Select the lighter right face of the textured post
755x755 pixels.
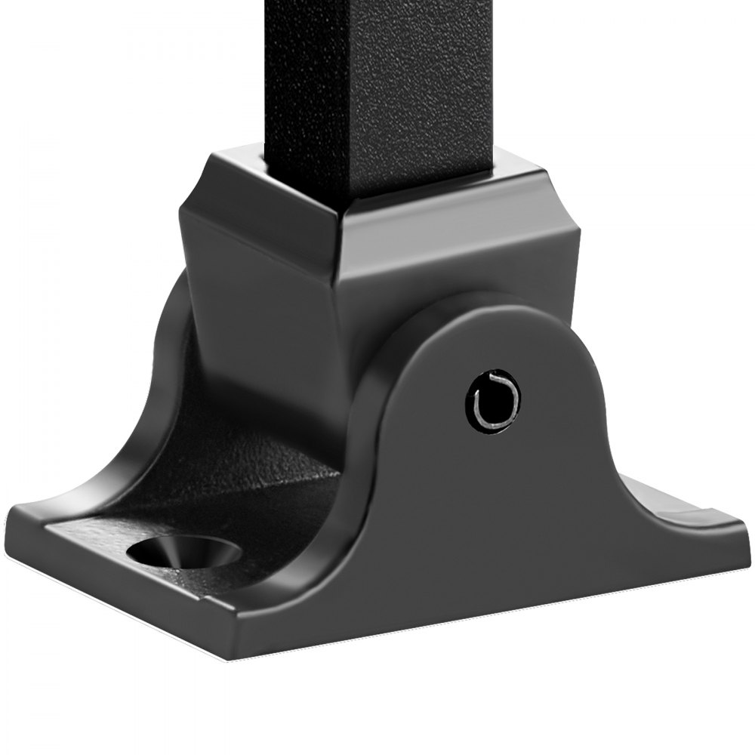(x=423, y=91)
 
